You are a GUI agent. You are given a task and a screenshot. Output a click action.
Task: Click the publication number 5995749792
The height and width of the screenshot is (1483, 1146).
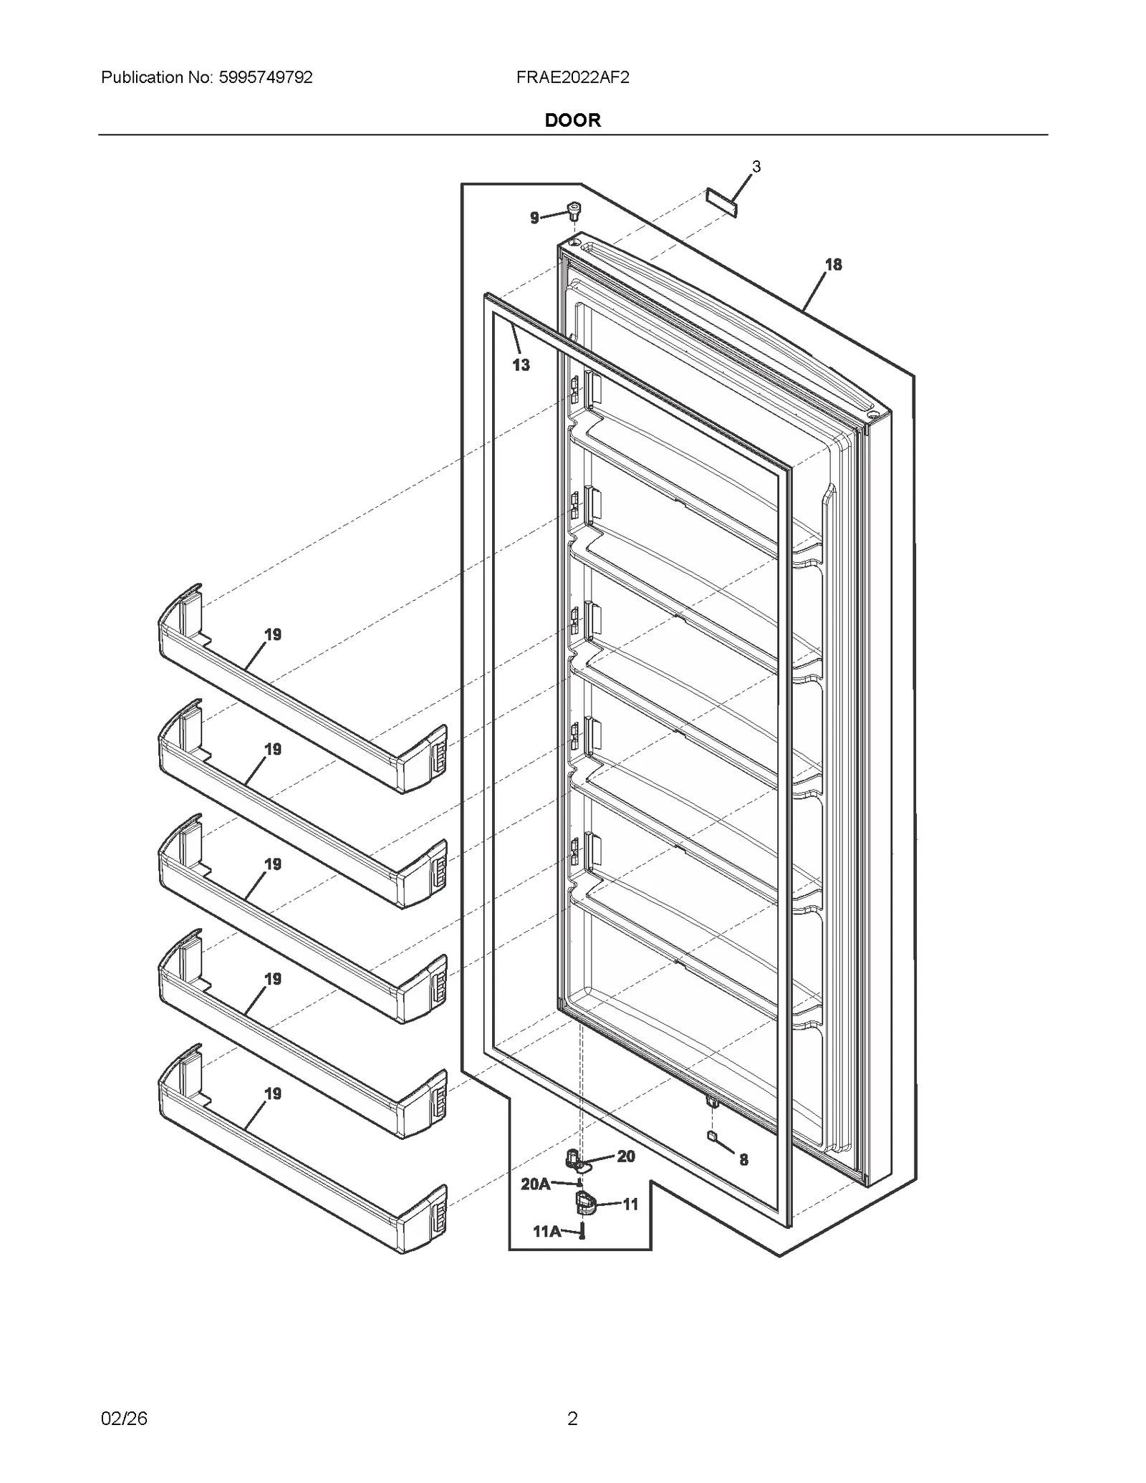tap(264, 77)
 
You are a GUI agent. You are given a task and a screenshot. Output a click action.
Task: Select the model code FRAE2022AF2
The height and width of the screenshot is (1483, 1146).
tap(572, 77)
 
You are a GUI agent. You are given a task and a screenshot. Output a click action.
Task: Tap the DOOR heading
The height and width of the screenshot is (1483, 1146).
tap(572, 120)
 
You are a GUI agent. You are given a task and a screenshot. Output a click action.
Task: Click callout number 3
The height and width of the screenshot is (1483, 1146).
tap(756, 167)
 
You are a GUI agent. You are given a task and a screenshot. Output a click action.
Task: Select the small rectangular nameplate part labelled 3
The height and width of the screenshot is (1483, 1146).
tap(721, 203)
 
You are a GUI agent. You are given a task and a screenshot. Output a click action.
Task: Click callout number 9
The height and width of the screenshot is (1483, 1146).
tap(534, 218)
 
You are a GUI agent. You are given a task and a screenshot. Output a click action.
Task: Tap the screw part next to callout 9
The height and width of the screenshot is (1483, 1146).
tap(574, 211)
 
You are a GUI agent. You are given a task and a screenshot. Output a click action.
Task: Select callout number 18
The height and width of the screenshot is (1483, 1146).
tap(833, 264)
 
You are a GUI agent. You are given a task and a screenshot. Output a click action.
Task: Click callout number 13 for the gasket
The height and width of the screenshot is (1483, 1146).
tap(521, 365)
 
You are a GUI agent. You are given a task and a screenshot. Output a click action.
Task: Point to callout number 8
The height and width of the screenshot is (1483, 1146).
tap(743, 1159)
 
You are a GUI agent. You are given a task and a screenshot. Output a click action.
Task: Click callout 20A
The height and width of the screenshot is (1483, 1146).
tap(535, 1184)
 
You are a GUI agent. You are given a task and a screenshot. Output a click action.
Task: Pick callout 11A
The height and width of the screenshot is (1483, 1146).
tap(546, 1231)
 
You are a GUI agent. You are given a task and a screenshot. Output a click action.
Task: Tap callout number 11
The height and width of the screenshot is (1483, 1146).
tap(630, 1204)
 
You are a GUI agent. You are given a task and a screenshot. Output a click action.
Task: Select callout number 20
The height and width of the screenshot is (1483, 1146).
tap(625, 1156)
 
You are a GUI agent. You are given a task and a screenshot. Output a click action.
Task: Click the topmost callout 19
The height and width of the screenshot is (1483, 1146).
tap(273, 634)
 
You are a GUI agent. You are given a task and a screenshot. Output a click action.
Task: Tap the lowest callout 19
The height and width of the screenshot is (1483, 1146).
tap(273, 1093)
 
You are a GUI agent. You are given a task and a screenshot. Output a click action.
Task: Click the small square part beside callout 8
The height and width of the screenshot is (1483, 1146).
tap(711, 1136)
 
